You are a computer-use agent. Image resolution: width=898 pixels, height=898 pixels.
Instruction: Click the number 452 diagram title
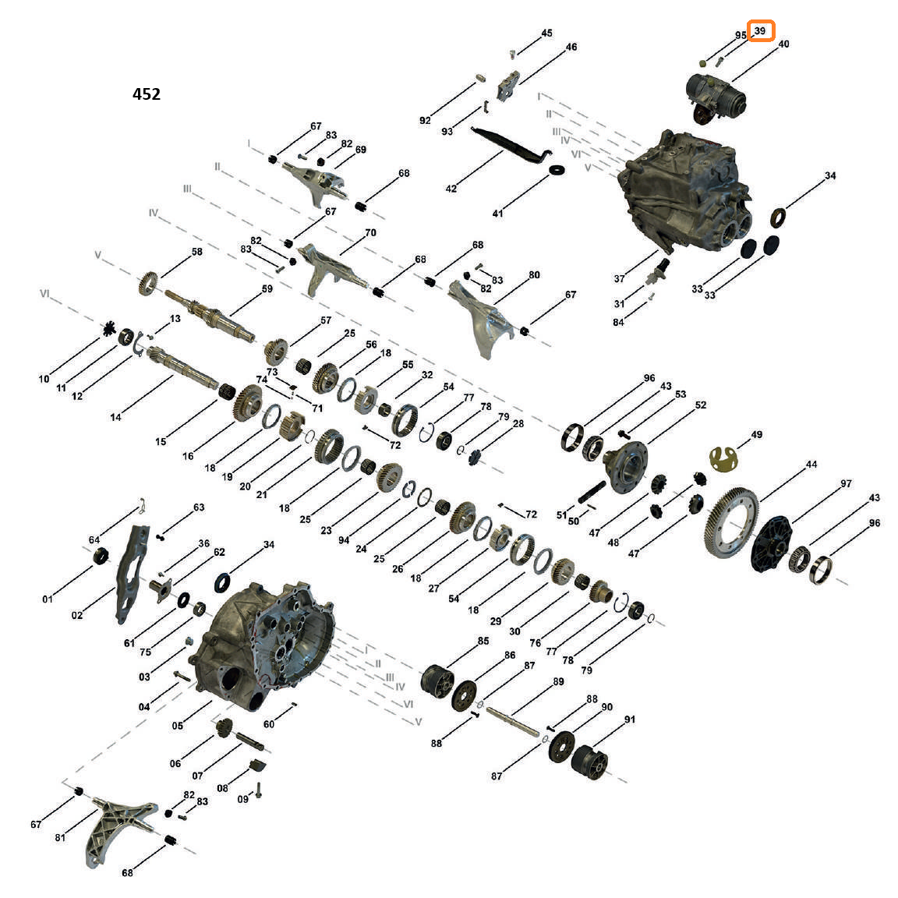point(147,94)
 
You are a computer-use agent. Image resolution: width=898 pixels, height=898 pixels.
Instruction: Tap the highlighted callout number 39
point(761,31)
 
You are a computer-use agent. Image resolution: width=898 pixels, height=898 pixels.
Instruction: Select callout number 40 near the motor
point(783,44)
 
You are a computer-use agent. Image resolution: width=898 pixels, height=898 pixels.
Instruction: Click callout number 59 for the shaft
point(267,288)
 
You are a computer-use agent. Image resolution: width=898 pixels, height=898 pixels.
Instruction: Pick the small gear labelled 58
point(148,284)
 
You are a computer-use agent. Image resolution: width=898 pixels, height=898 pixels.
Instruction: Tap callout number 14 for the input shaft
point(115,417)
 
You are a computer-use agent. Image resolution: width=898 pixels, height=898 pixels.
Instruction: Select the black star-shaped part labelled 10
point(109,329)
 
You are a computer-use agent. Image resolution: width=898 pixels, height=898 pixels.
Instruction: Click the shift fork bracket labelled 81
point(118,829)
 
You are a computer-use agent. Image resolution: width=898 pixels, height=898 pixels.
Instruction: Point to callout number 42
point(451,189)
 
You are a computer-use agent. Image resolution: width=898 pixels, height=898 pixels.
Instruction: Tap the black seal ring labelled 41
point(557,170)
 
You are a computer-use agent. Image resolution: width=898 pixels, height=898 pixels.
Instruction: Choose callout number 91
point(629,719)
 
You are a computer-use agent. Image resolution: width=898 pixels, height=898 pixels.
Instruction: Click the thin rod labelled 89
point(513,722)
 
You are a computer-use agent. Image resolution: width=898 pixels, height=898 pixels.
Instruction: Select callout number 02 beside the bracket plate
point(76,615)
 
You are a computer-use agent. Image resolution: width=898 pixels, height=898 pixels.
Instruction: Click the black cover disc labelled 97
point(770,543)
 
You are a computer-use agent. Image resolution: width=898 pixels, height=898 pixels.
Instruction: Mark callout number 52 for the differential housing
point(701,405)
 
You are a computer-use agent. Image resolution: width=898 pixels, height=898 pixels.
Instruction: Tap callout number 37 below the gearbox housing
point(619,278)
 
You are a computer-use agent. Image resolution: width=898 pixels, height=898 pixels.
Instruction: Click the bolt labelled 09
point(259,790)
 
